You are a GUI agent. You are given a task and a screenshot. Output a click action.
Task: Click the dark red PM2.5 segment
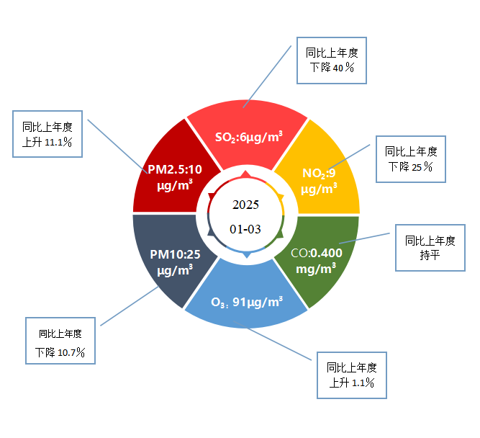coord(171,173)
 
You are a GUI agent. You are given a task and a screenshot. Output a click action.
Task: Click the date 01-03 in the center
coord(245,229)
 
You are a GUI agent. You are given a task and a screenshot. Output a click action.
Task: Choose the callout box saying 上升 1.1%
coord(352,375)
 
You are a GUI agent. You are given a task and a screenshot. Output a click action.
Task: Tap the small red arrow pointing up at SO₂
coord(246,175)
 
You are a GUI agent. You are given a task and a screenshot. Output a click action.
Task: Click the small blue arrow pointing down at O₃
coord(246,254)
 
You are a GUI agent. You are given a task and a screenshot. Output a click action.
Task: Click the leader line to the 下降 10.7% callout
coord(130,306)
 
